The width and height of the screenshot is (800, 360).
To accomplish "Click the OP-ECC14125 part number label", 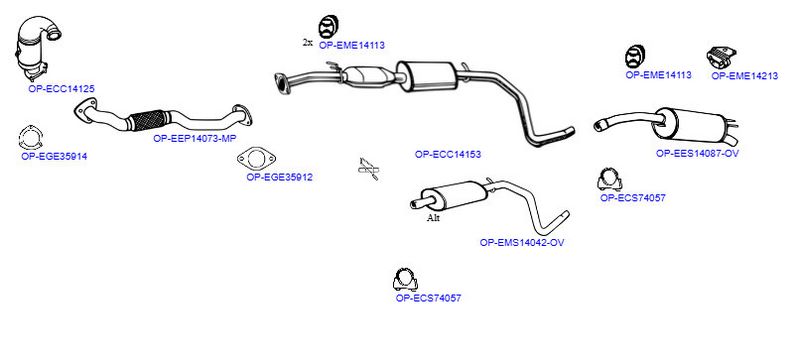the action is [x=61, y=89].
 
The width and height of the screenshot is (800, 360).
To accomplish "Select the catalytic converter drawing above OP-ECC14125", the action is [x=36, y=47].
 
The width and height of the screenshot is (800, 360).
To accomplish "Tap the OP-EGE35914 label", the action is [x=54, y=157].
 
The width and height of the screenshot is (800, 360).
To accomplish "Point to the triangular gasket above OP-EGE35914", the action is [x=31, y=137].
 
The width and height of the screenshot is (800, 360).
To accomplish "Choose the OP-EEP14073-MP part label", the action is [x=195, y=138].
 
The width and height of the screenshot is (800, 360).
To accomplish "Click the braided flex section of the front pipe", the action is [x=148, y=120].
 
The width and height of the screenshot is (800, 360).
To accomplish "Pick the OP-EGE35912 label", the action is [x=280, y=177].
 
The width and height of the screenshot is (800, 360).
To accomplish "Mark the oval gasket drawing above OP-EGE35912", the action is [x=256, y=159].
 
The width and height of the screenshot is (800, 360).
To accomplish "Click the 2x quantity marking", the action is [x=308, y=42].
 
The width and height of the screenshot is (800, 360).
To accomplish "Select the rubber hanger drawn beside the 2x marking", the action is [x=329, y=27].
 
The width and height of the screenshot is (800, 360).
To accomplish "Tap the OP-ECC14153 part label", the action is [x=448, y=154].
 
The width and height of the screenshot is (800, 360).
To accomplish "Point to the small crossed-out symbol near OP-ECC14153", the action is [x=368, y=169].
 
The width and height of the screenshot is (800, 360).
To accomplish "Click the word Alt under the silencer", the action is [x=433, y=219].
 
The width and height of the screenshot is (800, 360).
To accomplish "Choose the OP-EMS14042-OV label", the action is [x=522, y=243].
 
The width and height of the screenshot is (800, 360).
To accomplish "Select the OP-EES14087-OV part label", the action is [x=697, y=153].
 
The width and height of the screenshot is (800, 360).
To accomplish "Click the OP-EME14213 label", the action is [x=745, y=76].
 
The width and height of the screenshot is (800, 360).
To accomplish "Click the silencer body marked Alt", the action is [x=454, y=194].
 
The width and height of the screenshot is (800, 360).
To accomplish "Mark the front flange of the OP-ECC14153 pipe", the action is [x=281, y=84].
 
